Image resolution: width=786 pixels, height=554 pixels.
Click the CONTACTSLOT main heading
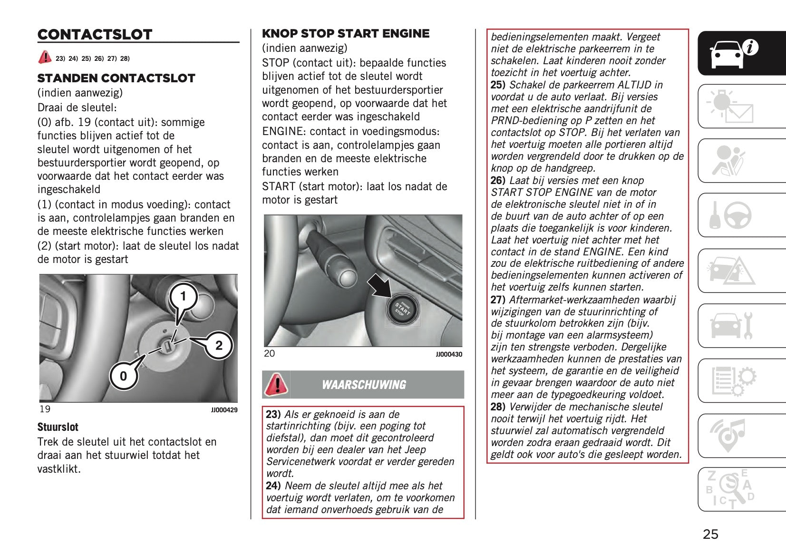[95, 35]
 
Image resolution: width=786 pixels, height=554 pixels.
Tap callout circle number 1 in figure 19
[183, 297]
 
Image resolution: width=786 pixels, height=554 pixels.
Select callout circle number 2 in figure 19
[219, 345]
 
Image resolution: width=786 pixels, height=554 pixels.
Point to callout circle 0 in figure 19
[124, 376]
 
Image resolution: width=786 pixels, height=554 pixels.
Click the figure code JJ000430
[449, 354]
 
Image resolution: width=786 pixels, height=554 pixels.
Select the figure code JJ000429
[224, 410]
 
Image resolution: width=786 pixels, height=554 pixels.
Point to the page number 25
[710, 535]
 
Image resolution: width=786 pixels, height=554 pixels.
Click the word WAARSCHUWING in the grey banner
[364, 385]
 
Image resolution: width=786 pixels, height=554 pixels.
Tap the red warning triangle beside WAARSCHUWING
[276, 384]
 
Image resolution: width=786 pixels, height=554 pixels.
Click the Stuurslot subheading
[58, 427]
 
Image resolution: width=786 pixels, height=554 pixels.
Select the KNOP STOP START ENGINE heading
[346, 34]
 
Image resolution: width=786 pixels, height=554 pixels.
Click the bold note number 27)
[498, 300]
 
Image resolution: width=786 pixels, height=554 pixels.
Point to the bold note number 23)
[273, 415]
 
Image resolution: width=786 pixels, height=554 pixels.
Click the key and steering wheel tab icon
[730, 215]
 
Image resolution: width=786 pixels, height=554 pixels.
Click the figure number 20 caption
[269, 354]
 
